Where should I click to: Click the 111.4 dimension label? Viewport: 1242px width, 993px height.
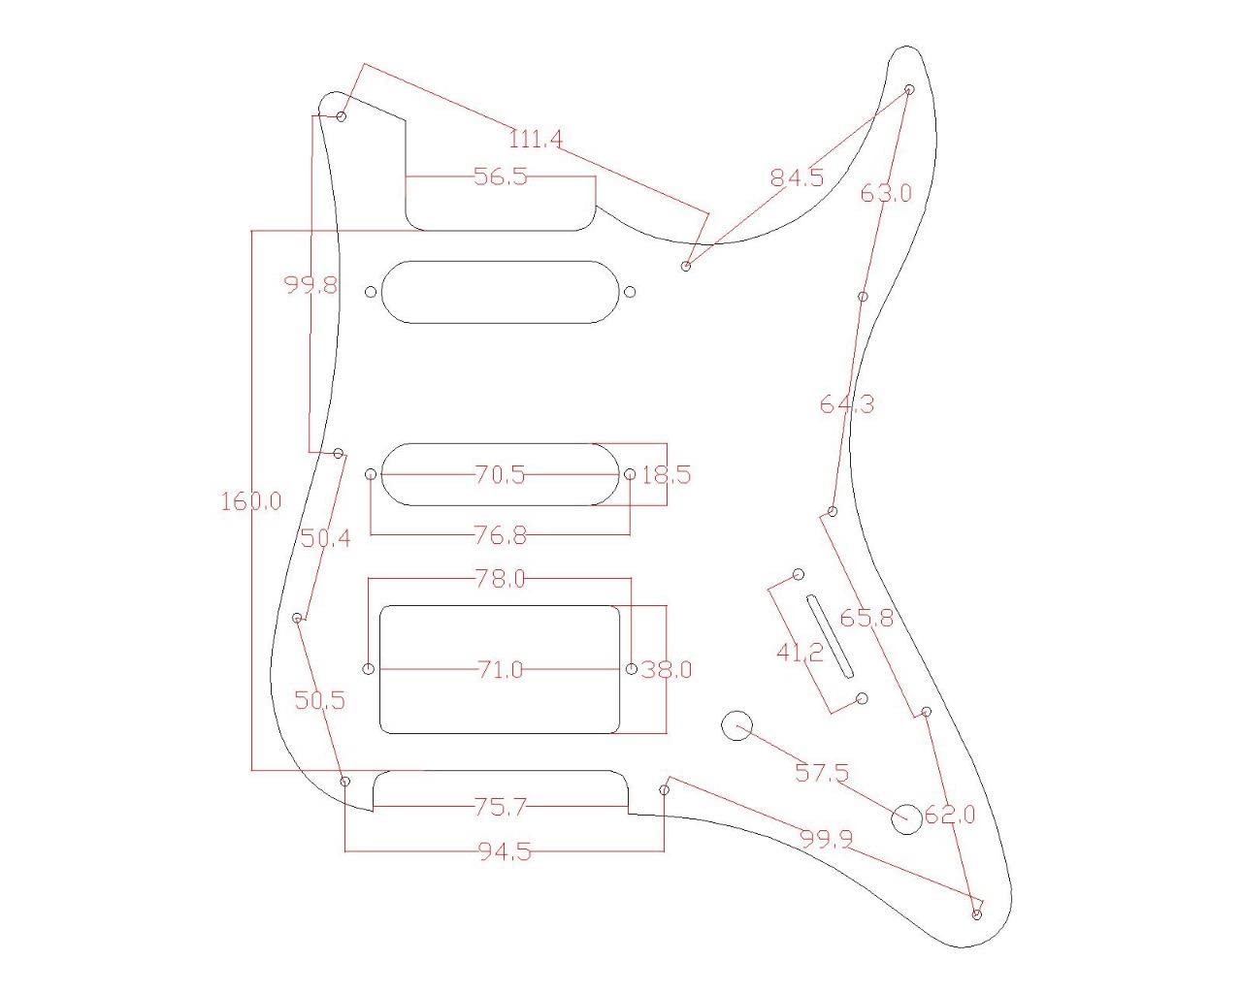(536, 140)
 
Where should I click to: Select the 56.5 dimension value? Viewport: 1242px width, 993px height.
(501, 176)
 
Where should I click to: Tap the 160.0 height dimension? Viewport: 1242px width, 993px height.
(251, 501)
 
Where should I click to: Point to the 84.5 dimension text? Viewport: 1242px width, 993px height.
(797, 177)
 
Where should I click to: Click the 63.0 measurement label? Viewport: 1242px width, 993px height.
(886, 193)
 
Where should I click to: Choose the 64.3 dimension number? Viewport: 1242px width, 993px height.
(846, 403)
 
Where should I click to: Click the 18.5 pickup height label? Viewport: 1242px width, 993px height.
(666, 475)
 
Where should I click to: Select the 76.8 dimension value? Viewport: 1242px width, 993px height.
(501, 534)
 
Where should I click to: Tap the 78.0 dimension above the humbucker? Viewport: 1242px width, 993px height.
(501, 579)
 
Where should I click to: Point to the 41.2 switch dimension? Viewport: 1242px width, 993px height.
(800, 653)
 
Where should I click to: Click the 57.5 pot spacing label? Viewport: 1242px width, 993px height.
(822, 773)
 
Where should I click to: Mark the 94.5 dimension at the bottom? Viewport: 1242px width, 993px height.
(505, 852)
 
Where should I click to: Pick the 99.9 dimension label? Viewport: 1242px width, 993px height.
(826, 838)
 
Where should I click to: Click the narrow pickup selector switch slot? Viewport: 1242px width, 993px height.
(831, 636)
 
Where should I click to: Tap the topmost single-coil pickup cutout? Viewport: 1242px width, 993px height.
(501, 292)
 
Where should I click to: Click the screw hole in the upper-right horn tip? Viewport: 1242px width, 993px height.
(909, 89)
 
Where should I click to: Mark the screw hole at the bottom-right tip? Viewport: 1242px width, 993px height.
(976, 913)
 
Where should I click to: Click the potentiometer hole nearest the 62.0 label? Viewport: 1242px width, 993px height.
(906, 817)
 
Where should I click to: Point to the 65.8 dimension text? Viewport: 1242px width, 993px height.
(866, 618)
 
